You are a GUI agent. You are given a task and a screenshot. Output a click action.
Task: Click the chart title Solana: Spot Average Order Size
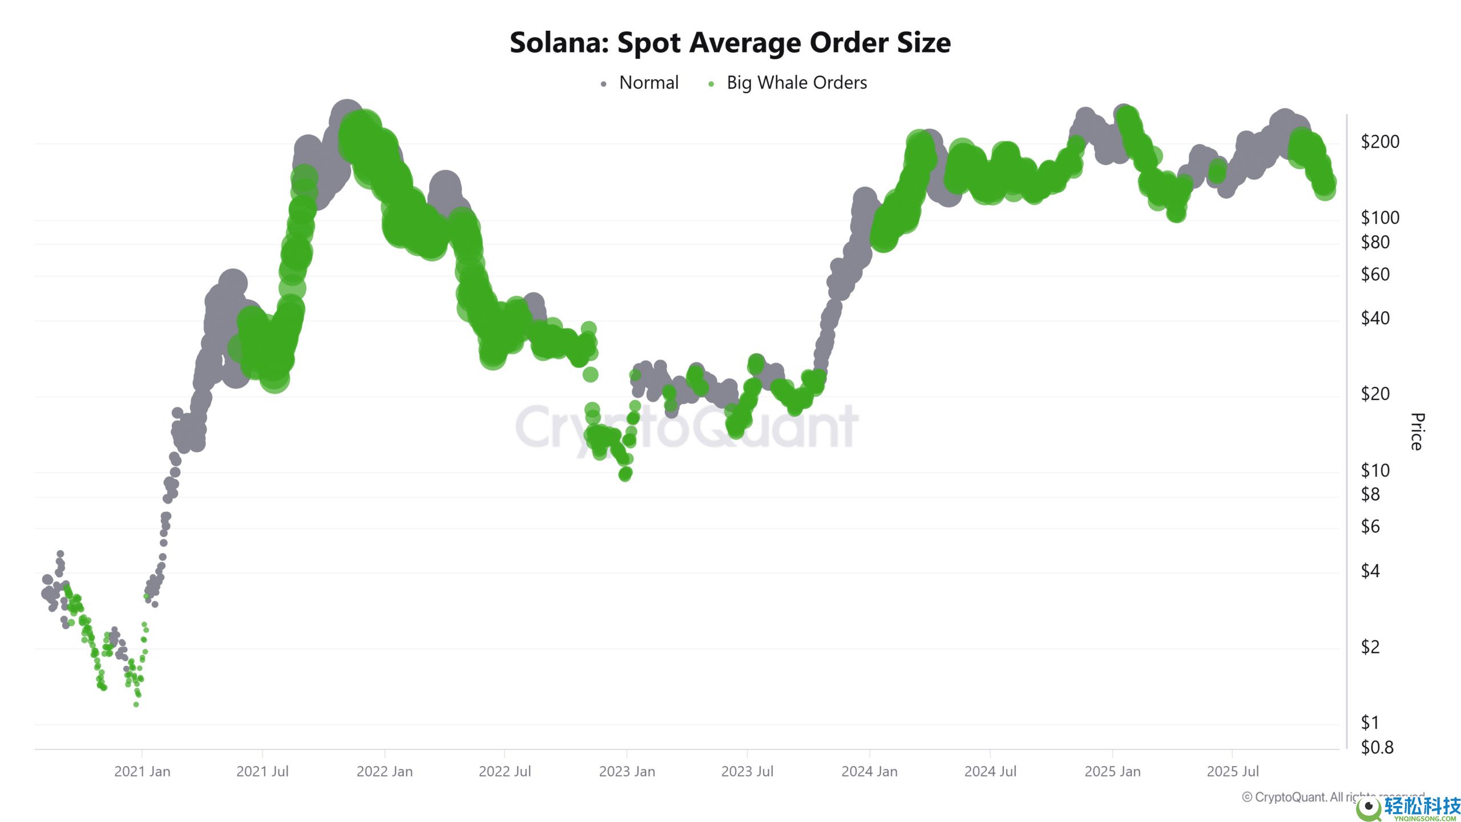coord(730,43)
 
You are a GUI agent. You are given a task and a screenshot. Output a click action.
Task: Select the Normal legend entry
coord(648,83)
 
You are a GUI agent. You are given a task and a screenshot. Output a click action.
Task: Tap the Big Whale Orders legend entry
coord(796,83)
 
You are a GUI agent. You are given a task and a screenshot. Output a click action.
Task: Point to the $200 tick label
coord(1379,142)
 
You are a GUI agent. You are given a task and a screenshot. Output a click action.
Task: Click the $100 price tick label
coord(1379,217)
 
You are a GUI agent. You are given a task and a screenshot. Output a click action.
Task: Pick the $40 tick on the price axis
coord(1375,318)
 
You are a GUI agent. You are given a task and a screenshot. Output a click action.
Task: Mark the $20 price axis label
coord(1375,394)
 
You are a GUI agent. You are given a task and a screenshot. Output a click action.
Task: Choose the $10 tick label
coord(1375,470)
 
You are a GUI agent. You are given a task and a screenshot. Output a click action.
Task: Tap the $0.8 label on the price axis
coord(1377,747)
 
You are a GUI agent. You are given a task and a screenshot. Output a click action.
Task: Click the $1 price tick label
coord(1370,723)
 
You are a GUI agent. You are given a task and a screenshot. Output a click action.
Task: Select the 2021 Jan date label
coord(142,771)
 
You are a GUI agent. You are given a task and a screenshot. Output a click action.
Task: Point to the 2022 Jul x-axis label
coord(505,771)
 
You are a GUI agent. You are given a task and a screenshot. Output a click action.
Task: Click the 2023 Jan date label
coord(627,771)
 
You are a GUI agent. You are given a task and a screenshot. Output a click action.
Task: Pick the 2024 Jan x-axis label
coord(869,771)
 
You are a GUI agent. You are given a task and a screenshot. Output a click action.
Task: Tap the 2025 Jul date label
coord(1232,771)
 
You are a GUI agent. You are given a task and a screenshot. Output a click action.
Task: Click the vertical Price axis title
coord(1416,432)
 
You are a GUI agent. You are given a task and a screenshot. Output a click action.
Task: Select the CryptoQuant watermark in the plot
coord(687,426)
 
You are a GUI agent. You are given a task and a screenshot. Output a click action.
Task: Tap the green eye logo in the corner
coord(1368,807)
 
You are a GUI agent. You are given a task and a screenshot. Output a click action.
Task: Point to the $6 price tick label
coord(1370,526)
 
